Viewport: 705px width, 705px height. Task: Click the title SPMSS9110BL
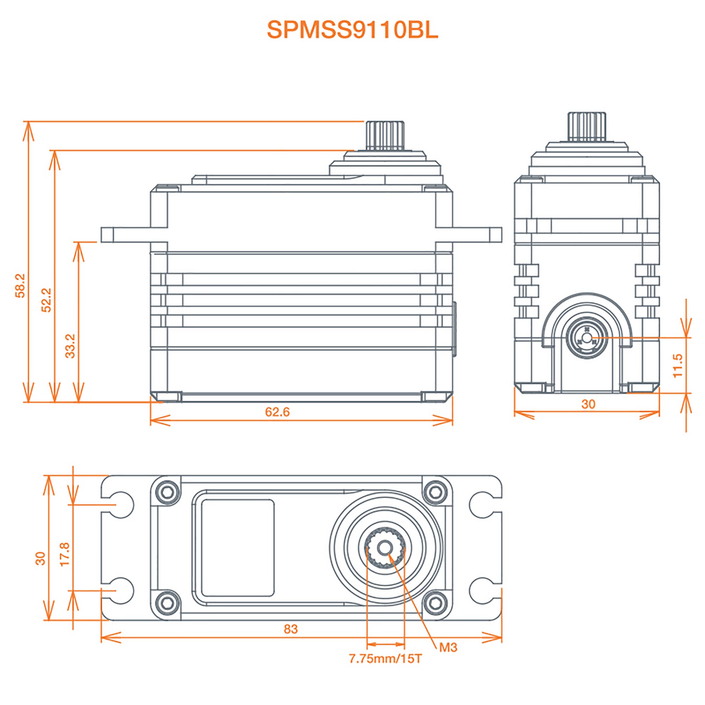pos(352,30)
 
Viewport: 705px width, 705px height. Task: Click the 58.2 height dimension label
pos(20,286)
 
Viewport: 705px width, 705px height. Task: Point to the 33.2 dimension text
pos(70,346)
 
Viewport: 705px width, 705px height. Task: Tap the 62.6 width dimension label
pos(277,412)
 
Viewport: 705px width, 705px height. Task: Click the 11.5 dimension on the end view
pos(677,365)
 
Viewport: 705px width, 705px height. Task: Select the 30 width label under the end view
pos(588,404)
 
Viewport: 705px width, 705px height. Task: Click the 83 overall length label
pos(290,629)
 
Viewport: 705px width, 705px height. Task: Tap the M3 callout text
pos(448,647)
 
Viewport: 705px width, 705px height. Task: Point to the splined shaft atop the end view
pos(587,126)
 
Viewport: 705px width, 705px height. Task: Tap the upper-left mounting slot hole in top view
pos(121,505)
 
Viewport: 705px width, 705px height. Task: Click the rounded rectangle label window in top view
pos(238,548)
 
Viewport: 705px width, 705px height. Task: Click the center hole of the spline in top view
pos(385,548)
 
